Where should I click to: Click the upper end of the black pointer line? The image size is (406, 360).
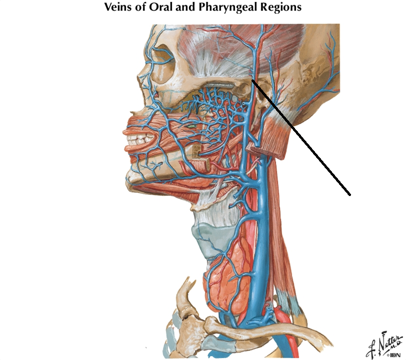[x=252, y=79]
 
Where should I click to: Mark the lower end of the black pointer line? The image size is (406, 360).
[x=349, y=194]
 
